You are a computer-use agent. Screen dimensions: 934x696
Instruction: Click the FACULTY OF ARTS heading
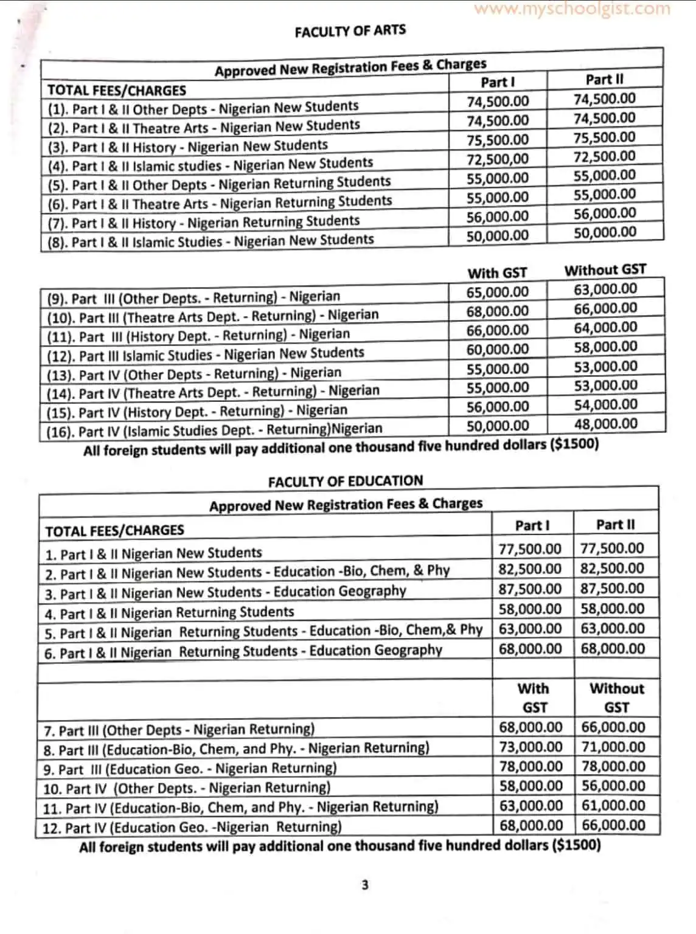(350, 30)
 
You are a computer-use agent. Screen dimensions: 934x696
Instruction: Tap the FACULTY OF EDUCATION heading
(345, 481)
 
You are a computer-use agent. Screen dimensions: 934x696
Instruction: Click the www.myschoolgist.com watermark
(571, 9)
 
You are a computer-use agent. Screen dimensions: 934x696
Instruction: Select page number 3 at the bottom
(364, 885)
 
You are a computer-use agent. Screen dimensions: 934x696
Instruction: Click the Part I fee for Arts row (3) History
(498, 140)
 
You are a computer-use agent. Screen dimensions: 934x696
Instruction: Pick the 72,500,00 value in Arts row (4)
(498, 159)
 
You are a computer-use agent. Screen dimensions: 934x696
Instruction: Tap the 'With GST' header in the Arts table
(497, 273)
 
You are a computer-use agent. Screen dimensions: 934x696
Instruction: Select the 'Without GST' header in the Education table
(616, 697)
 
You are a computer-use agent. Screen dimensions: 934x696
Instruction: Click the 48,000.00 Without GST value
(605, 424)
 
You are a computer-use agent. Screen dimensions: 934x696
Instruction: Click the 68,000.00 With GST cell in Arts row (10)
(498, 311)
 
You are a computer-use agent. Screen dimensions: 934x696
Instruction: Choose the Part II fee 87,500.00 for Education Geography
(612, 589)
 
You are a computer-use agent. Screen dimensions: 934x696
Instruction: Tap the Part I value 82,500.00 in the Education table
(530, 569)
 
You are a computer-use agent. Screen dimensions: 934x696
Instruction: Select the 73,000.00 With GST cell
(531, 747)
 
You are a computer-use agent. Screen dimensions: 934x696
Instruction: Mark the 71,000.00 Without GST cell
(613, 747)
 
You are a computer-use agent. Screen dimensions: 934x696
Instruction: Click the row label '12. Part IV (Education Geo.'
(192, 827)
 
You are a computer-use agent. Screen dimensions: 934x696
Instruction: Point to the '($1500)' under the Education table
(576, 845)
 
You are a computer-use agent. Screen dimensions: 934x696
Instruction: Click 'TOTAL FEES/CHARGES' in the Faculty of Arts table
(117, 91)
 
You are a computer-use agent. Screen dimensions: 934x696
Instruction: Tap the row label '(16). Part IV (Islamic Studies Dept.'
(215, 430)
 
